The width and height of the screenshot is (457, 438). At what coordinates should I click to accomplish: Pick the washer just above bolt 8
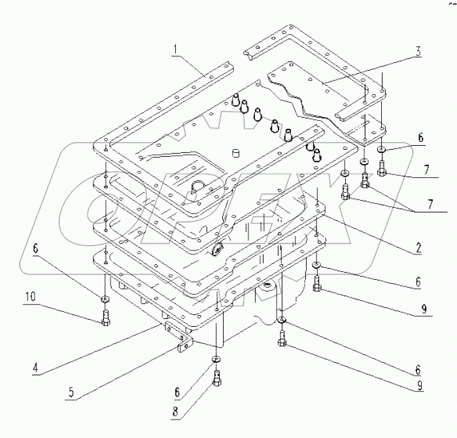click(215, 360)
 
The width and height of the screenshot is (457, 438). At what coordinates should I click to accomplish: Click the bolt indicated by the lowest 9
click(282, 338)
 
